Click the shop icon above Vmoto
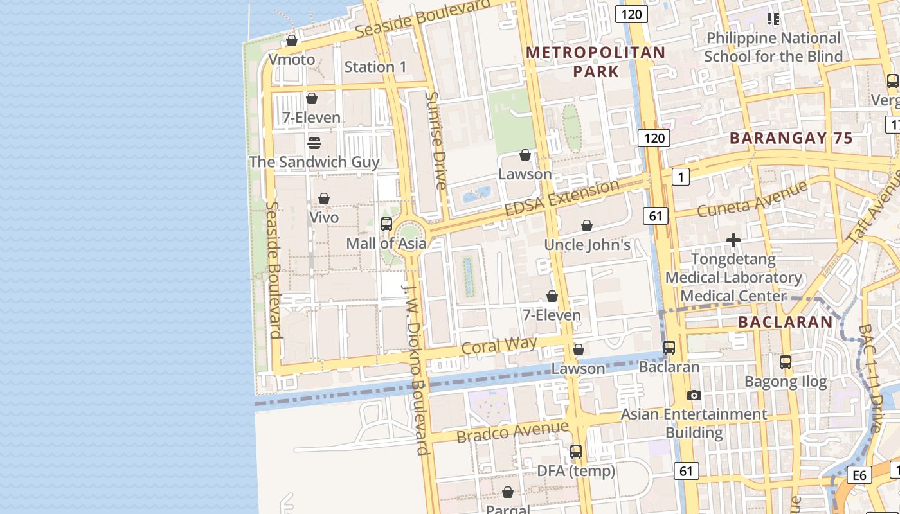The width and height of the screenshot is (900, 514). click(291, 40)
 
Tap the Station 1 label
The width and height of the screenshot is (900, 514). click(375, 67)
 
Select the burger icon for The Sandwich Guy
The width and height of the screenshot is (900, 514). click(314, 143)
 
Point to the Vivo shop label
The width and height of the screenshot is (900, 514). click(324, 217)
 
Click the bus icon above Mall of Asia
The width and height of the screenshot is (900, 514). click(386, 224)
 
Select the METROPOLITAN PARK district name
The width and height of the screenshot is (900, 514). click(596, 62)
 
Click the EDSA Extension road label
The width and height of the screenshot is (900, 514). click(562, 199)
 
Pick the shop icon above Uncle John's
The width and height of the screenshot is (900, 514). click(587, 226)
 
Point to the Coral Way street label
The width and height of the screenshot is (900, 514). click(500, 346)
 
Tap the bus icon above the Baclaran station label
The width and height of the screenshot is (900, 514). click(669, 347)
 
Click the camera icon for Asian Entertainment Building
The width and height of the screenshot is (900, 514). click(694, 395)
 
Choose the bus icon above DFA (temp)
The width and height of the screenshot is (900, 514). click(576, 451)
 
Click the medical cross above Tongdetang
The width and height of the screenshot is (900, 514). click(733, 240)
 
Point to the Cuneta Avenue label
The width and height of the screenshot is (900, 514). click(752, 199)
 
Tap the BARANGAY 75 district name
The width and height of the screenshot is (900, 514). click(791, 138)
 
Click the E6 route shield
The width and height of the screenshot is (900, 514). click(860, 475)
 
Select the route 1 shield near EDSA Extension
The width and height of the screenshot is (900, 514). click(680, 176)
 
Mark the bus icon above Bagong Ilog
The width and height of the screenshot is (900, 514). click(786, 362)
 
